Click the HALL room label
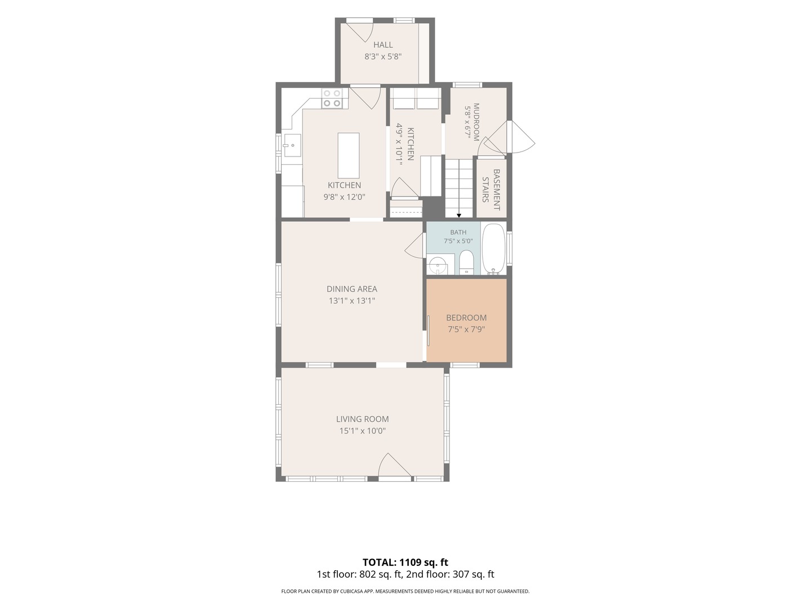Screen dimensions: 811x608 pos(383,44)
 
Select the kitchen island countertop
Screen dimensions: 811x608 pos(349,155)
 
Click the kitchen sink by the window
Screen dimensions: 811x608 pos(292,145)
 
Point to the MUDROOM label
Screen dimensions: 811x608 pos(476,122)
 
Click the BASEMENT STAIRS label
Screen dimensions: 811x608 pos(491,190)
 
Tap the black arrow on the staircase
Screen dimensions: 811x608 pos(459,216)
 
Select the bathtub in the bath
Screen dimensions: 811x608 pos(493,249)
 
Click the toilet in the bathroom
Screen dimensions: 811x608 pos(467,262)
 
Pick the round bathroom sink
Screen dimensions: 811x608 pos(438,266)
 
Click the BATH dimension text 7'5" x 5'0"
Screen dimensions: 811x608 pos(458,241)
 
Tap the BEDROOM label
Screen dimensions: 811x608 pos(466,318)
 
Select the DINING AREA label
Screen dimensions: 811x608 pos(352,289)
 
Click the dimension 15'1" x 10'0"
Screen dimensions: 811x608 pos(363,431)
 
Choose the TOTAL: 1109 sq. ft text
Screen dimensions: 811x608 pos(405,562)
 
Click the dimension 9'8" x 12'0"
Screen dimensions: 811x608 pos(344,197)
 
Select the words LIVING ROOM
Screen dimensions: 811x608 pos(363,419)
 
